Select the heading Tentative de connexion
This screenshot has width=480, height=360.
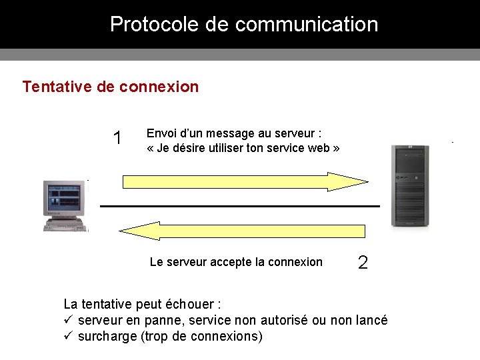point(110,87)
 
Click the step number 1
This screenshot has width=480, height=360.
point(118,139)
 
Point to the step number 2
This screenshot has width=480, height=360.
point(363,263)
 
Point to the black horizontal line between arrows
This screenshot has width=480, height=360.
point(240,206)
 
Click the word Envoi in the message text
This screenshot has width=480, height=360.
point(161,133)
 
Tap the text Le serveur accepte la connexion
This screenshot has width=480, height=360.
point(236,262)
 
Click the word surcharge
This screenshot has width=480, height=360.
point(107,337)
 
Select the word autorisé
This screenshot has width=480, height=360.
point(283,320)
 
